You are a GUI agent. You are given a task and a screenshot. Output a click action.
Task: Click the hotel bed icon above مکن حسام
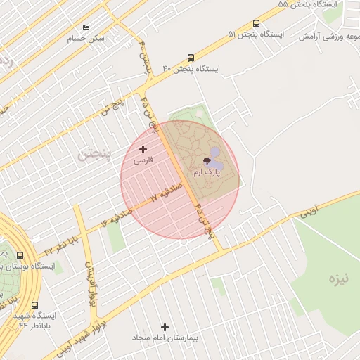pyautogui.click(x=86, y=28)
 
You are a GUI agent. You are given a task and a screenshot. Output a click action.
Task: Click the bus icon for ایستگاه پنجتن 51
pyautogui.click(x=255, y=23)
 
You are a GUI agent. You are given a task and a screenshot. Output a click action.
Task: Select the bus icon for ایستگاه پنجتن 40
pyautogui.click(x=191, y=58)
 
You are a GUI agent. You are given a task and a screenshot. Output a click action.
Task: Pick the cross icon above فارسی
pyautogui.click(x=143, y=149)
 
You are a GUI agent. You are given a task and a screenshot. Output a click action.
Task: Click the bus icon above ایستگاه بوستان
pyautogui.click(x=19, y=256)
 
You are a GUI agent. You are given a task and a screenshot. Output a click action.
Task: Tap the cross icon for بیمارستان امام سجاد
pyautogui.click(x=165, y=327)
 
